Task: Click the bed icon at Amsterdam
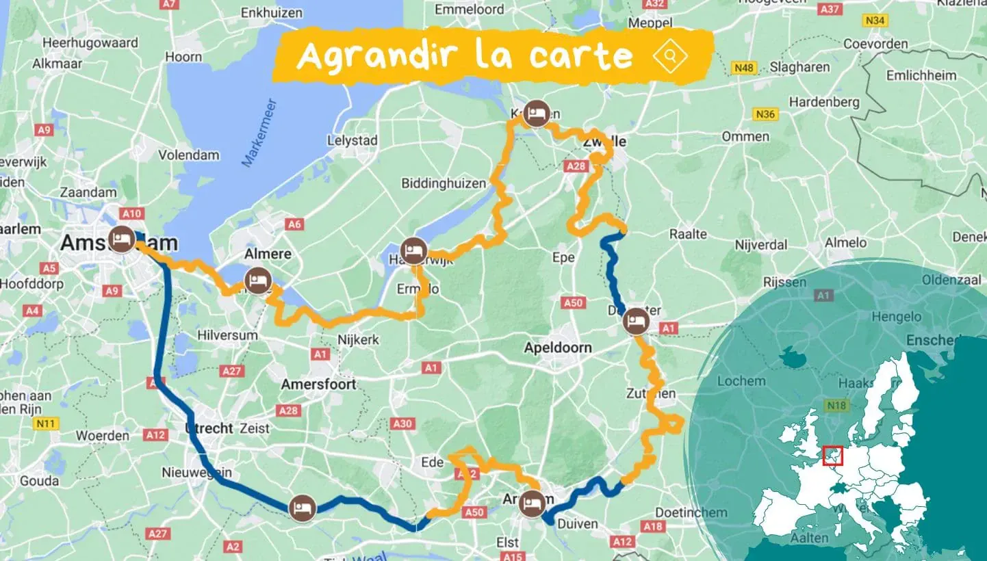pyautogui.click(x=122, y=239)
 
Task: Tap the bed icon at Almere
pyautogui.click(x=258, y=280)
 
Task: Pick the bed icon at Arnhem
pyautogui.click(x=532, y=505)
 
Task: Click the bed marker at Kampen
pyautogui.click(x=536, y=114)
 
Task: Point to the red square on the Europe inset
pyautogui.click(x=832, y=456)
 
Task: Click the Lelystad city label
pyautogui.click(x=353, y=140)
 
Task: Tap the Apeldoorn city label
pyautogui.click(x=557, y=348)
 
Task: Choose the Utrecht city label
pyautogui.click(x=208, y=428)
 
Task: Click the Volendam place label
pyautogui.click(x=189, y=155)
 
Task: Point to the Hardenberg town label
pyautogui.click(x=824, y=102)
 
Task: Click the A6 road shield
pyautogui.click(x=294, y=224)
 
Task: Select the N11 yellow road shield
pyautogui.click(x=45, y=424)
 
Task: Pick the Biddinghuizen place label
pyautogui.click(x=444, y=183)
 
